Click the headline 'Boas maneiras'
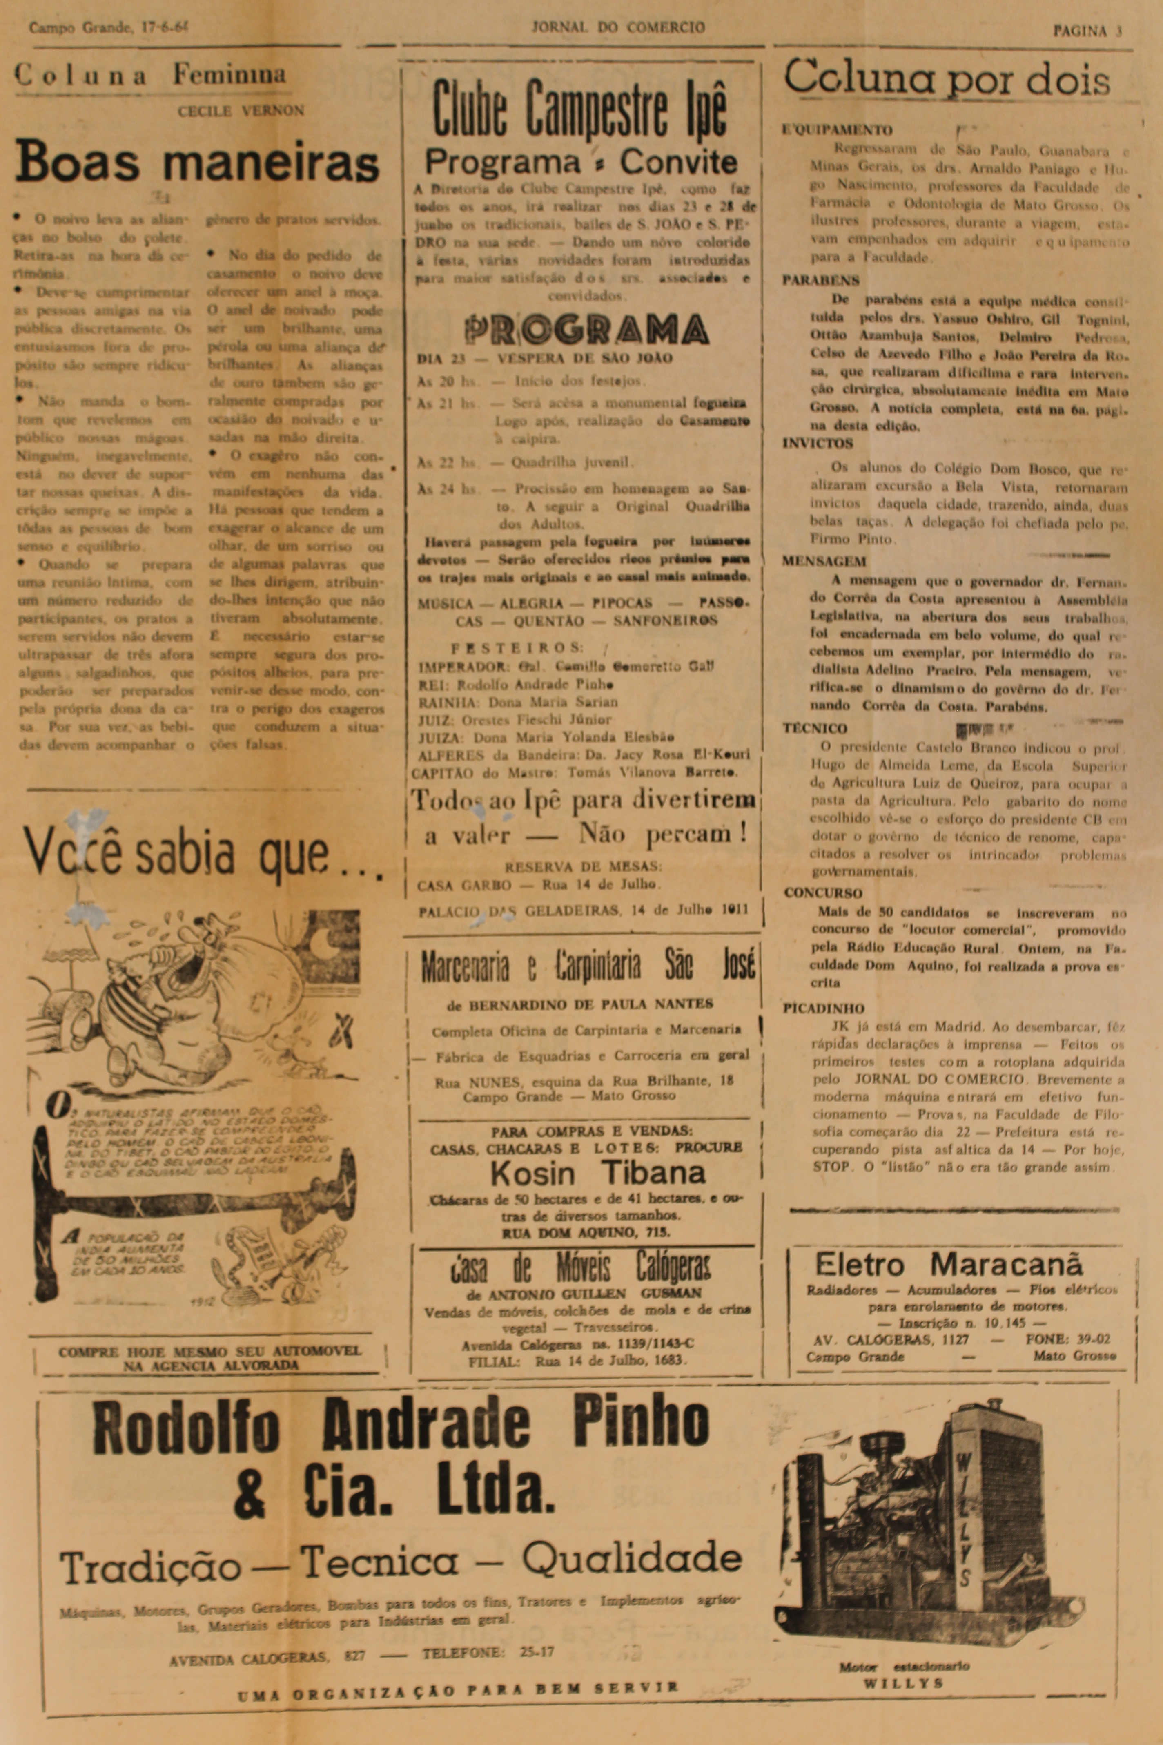coord(197,161)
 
